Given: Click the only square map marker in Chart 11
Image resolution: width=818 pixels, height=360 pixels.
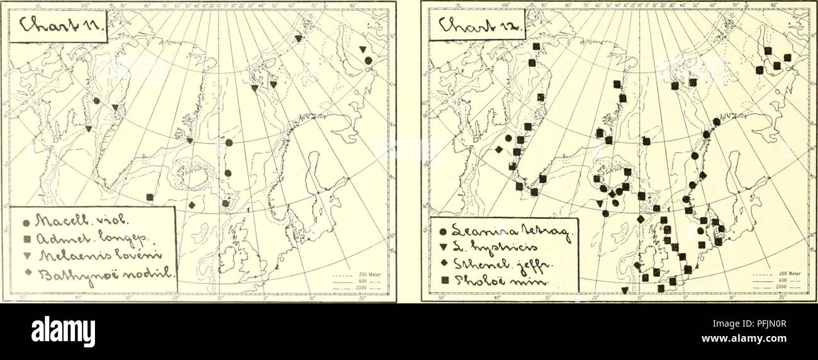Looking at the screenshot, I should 149,197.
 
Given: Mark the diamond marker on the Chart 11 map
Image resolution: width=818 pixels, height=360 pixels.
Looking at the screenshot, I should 191,205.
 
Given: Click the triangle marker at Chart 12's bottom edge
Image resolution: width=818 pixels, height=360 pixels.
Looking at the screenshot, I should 624,290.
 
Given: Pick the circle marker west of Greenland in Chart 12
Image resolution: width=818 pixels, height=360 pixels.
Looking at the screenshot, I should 508,138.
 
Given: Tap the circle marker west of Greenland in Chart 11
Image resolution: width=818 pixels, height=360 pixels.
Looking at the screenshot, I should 96,101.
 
